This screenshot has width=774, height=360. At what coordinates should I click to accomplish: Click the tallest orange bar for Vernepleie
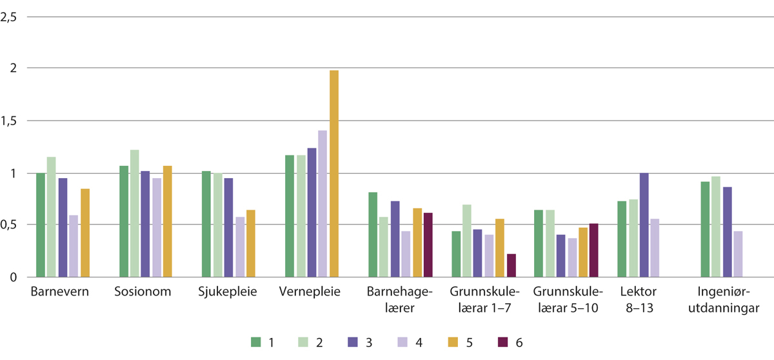(334, 174)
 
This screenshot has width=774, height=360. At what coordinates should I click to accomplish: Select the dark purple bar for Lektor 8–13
(644, 225)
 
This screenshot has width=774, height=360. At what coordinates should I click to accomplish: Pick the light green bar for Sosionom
(134, 214)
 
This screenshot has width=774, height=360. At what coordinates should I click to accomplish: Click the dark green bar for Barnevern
(41, 225)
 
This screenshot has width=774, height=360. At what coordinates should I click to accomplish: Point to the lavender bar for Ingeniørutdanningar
(737, 254)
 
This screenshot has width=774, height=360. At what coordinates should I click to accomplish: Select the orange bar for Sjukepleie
(251, 244)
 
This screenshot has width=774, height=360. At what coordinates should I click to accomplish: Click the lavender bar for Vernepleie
(322, 204)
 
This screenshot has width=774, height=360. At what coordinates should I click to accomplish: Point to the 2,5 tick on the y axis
(9, 17)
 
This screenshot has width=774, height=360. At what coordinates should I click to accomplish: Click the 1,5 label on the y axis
(9, 121)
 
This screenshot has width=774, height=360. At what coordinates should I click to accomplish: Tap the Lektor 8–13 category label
(639, 301)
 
